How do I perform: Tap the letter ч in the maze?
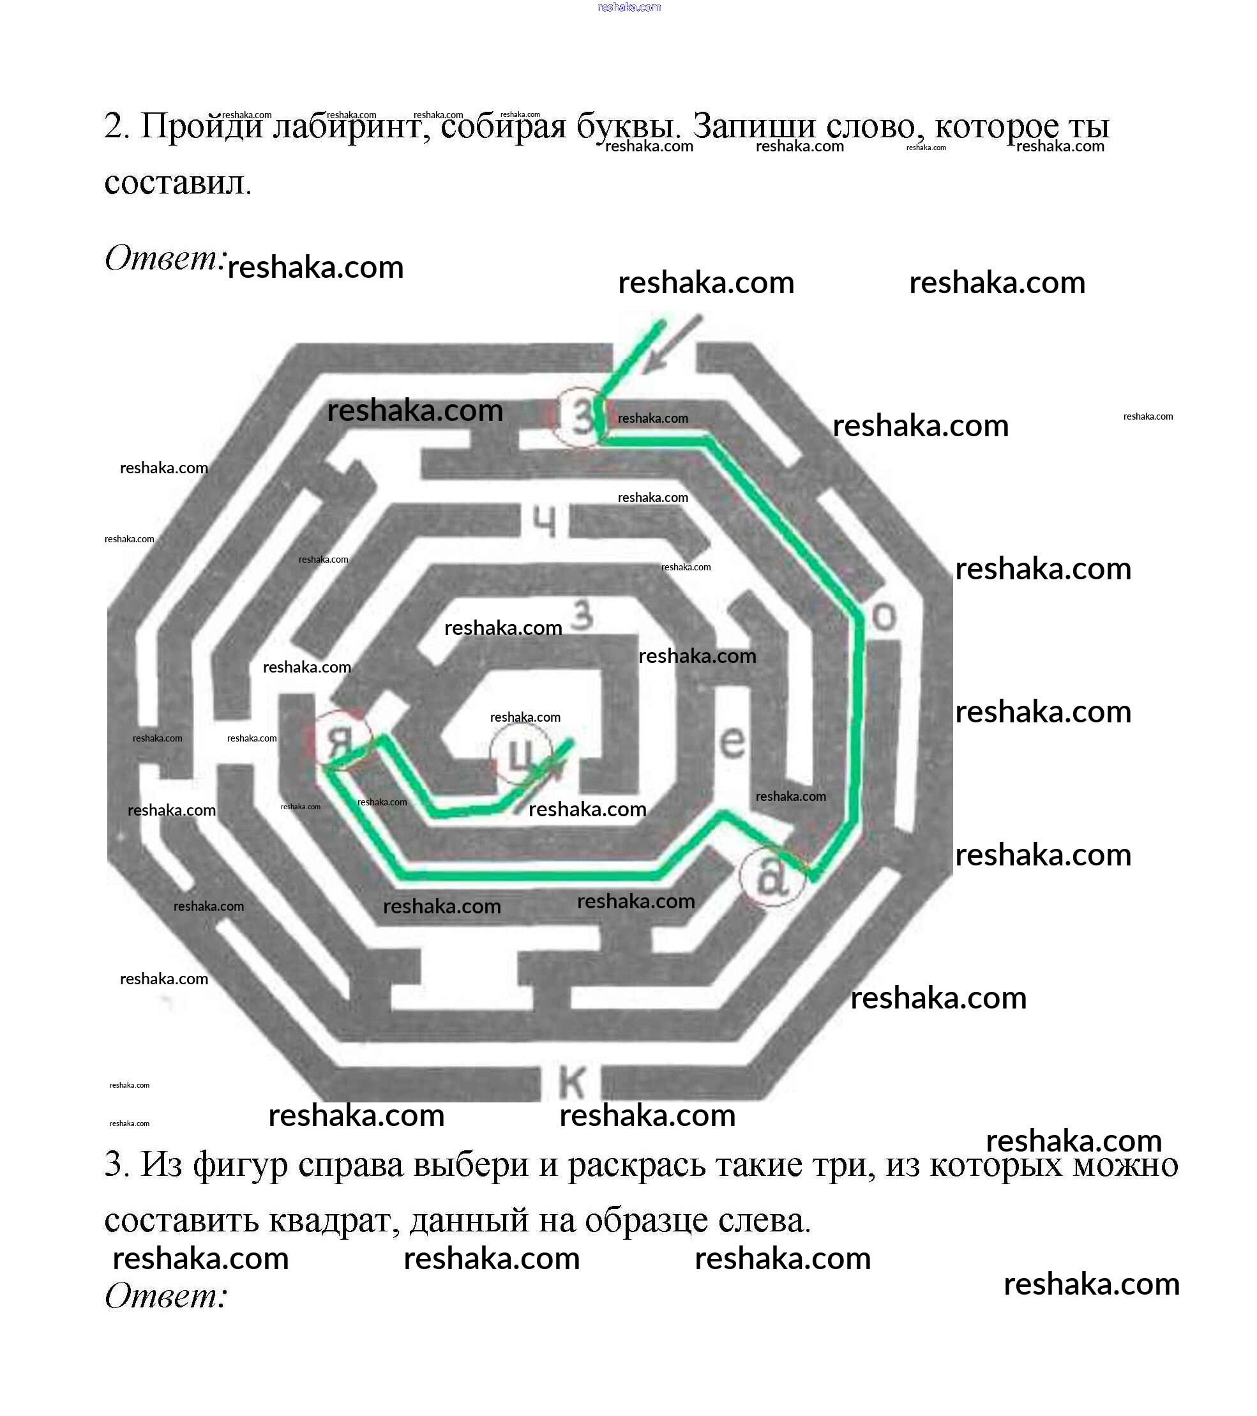545,521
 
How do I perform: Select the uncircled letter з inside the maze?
583,615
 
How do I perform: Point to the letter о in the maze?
884,616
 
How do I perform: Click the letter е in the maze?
733,742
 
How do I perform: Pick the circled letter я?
340,742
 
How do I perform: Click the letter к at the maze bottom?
572,1082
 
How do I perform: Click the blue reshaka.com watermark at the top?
629,8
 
